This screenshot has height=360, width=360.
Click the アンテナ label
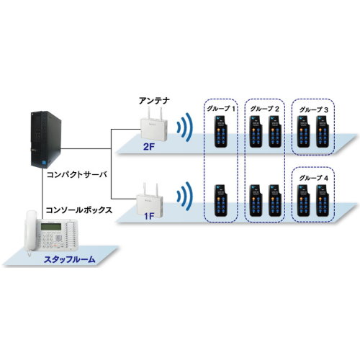click(154, 101)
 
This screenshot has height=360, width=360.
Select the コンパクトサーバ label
click(77, 174)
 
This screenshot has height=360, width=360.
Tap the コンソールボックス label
click(79, 210)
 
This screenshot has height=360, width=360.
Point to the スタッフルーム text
click(70, 259)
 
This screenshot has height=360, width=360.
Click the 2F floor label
click(148, 147)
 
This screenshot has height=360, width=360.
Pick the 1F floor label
click(149, 216)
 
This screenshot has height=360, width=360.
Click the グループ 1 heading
click(221, 109)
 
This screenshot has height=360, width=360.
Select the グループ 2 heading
click(264, 109)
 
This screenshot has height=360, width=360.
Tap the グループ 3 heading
click(313, 110)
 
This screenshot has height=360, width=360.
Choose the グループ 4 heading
click(313, 178)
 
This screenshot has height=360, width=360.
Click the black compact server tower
click(45, 139)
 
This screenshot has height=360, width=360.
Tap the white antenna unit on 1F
click(150, 200)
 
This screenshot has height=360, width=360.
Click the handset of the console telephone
click(30, 231)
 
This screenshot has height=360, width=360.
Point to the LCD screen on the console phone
click(51, 226)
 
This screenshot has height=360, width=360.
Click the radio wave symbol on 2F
click(185, 127)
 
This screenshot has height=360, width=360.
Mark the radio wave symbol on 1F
click(185, 197)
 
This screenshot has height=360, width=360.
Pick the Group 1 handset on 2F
click(221, 132)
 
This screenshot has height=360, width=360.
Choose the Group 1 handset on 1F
click(221, 201)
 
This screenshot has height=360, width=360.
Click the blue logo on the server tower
click(44, 162)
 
